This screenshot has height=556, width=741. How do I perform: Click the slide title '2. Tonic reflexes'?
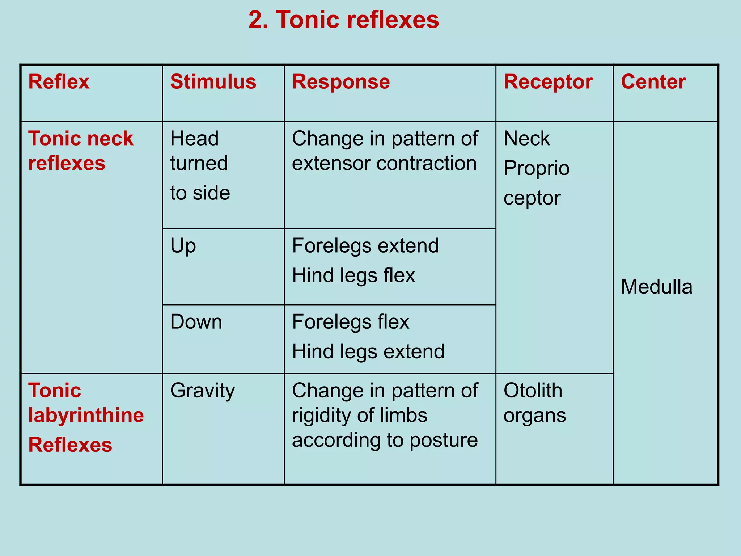click(343, 20)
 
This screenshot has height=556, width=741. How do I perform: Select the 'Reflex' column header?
click(59, 82)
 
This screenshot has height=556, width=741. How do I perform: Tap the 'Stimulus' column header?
click(213, 82)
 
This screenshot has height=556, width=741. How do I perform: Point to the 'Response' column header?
click(341, 82)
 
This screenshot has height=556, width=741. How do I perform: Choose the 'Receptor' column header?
click(548, 82)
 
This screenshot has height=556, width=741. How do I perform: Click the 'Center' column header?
click(653, 82)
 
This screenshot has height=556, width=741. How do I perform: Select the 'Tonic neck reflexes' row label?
click(81, 151)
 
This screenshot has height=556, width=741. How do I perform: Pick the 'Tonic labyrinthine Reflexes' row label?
click(86, 417)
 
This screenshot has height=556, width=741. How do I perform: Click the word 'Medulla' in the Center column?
click(656, 287)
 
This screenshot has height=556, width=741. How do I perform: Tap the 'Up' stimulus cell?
click(183, 246)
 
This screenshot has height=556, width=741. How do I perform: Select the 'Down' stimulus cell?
click(196, 322)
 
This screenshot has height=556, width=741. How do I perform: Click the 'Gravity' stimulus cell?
click(203, 391)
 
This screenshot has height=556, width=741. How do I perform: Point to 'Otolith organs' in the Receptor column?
click(534, 403)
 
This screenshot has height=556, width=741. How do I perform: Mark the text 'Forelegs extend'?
click(365, 246)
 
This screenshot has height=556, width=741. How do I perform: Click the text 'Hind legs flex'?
click(353, 275)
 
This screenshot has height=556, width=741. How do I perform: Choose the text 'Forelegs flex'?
click(351, 322)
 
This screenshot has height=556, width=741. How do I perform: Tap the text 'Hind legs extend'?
click(368, 351)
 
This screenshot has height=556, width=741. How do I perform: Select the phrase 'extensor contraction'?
click(384, 163)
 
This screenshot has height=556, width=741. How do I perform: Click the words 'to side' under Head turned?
click(200, 193)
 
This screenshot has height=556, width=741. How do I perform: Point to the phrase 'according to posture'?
click(385, 440)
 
